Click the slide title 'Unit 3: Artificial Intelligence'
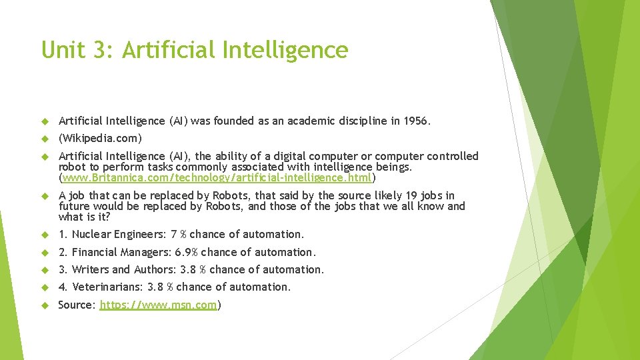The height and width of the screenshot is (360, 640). pyautogui.click(x=195, y=50)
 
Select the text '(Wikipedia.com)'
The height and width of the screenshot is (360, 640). pyautogui.click(x=101, y=139)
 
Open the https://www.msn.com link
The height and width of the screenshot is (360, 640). pyautogui.click(x=159, y=305)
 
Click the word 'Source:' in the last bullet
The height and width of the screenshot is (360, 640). pyautogui.click(x=77, y=305)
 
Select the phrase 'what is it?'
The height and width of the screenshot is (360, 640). pyautogui.click(x=84, y=217)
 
